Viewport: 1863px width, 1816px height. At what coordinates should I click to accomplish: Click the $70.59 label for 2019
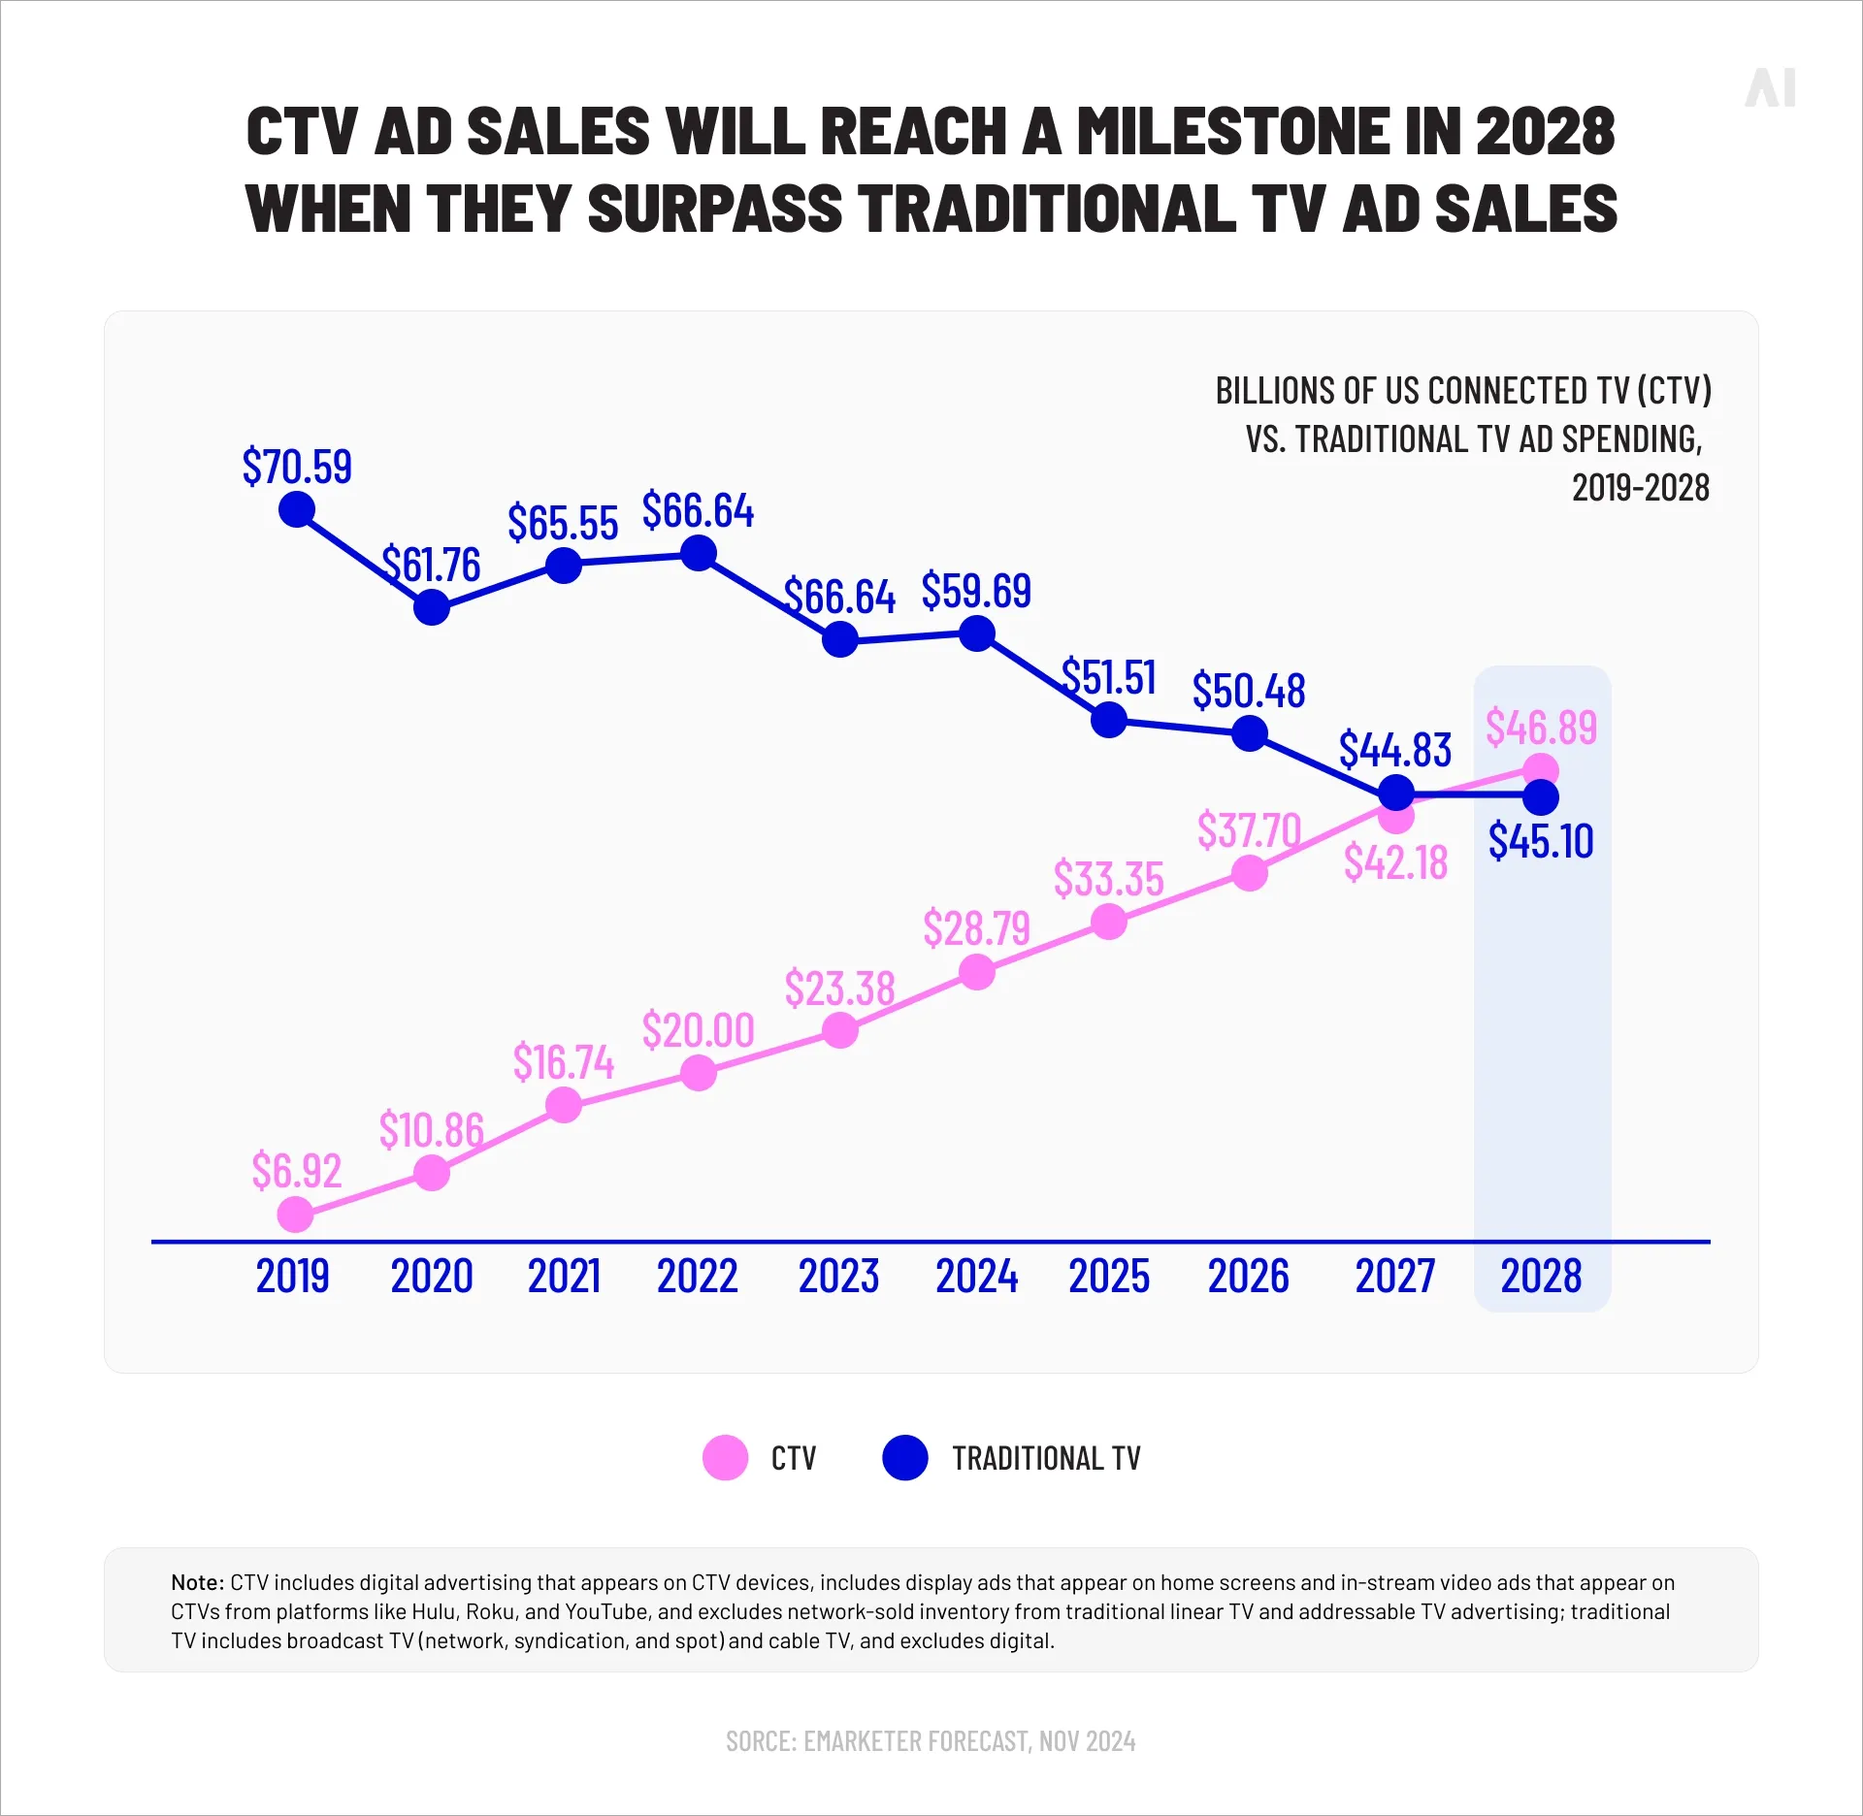click(297, 467)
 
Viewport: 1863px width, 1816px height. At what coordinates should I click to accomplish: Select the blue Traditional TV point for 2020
click(432, 607)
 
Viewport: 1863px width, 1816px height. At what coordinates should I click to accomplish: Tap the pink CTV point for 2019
click(296, 1214)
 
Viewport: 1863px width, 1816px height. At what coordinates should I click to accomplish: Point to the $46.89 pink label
click(1541, 727)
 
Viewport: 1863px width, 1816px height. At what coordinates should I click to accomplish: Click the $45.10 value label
click(1541, 840)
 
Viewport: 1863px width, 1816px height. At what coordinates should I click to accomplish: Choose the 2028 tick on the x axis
click(1541, 1276)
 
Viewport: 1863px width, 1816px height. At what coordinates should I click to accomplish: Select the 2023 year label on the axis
click(838, 1276)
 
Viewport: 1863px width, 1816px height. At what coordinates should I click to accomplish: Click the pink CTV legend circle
click(725, 1457)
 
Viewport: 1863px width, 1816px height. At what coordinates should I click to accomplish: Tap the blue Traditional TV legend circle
click(905, 1457)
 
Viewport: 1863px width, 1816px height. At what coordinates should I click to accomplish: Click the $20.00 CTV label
click(698, 1029)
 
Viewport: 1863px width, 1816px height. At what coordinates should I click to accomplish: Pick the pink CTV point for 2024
click(977, 971)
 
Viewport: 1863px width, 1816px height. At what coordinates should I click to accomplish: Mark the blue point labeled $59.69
click(977, 633)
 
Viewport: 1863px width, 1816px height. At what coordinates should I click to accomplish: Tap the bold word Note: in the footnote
click(198, 1582)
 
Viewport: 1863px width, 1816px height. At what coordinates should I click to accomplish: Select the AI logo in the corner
click(1771, 87)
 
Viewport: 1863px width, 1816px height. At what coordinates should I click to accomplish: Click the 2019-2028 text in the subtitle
click(1640, 487)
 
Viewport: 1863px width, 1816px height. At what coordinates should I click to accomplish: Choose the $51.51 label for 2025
click(1109, 676)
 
